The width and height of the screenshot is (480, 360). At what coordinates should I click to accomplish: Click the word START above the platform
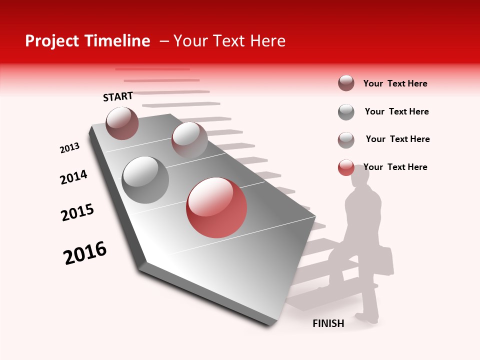(x=118, y=96)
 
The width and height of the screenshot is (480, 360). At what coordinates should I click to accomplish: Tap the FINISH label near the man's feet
(x=328, y=323)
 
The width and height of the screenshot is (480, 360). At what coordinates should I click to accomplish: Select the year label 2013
(x=70, y=148)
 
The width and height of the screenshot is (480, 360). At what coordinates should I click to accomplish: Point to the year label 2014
(x=73, y=177)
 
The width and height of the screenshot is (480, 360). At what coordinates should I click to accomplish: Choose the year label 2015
(x=77, y=212)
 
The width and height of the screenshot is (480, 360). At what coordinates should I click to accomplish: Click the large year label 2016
(x=85, y=252)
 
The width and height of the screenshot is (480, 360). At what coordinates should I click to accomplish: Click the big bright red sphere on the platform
(x=216, y=207)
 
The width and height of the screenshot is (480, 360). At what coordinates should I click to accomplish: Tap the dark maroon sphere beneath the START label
(x=122, y=123)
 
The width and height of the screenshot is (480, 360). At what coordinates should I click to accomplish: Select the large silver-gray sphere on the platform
(x=145, y=179)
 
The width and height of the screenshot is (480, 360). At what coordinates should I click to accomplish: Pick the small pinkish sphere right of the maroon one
(x=189, y=139)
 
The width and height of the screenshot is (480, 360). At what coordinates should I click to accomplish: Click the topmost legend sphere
(x=346, y=83)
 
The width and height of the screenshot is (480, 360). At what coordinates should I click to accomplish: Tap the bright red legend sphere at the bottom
(x=346, y=168)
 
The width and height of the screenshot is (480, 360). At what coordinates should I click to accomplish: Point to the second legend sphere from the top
(x=346, y=112)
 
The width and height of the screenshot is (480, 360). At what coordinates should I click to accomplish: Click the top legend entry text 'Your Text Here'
(x=395, y=83)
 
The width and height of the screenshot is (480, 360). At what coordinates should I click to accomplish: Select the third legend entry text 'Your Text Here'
(x=397, y=139)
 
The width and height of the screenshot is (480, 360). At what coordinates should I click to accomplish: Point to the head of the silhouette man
(x=360, y=175)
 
